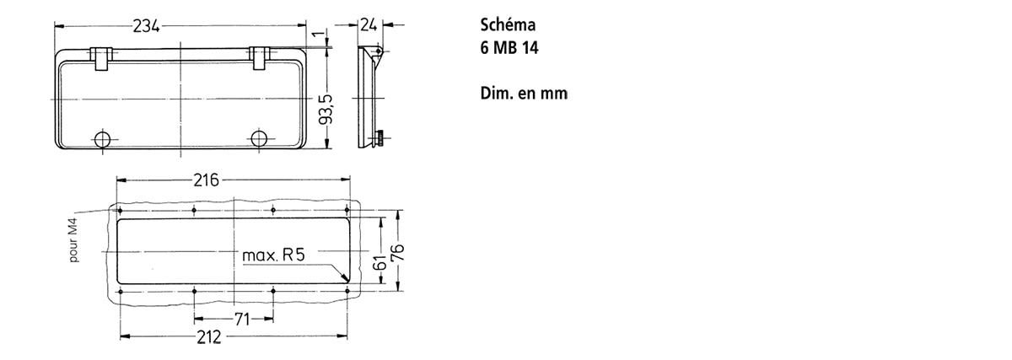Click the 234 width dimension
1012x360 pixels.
147,26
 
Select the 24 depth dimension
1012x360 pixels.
369,24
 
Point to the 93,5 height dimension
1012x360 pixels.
326,110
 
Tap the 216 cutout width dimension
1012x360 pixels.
206,180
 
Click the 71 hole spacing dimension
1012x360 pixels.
242,320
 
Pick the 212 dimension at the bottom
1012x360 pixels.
209,337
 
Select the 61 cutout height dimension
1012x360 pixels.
380,263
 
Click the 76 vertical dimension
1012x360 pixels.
397,252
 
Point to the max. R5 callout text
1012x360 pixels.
274,255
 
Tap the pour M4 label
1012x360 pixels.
73,240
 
